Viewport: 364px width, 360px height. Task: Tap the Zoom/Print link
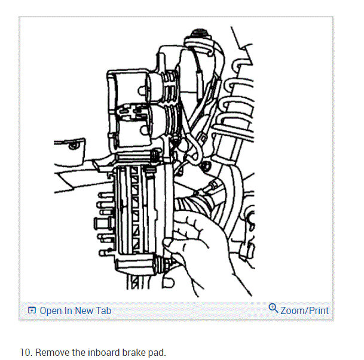(x=304, y=310)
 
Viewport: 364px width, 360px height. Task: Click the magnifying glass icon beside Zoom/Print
(x=274, y=309)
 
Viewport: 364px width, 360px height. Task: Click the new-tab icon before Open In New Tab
(x=32, y=311)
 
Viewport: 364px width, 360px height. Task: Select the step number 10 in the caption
(x=25, y=352)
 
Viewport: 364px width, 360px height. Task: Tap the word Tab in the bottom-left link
(x=103, y=310)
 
